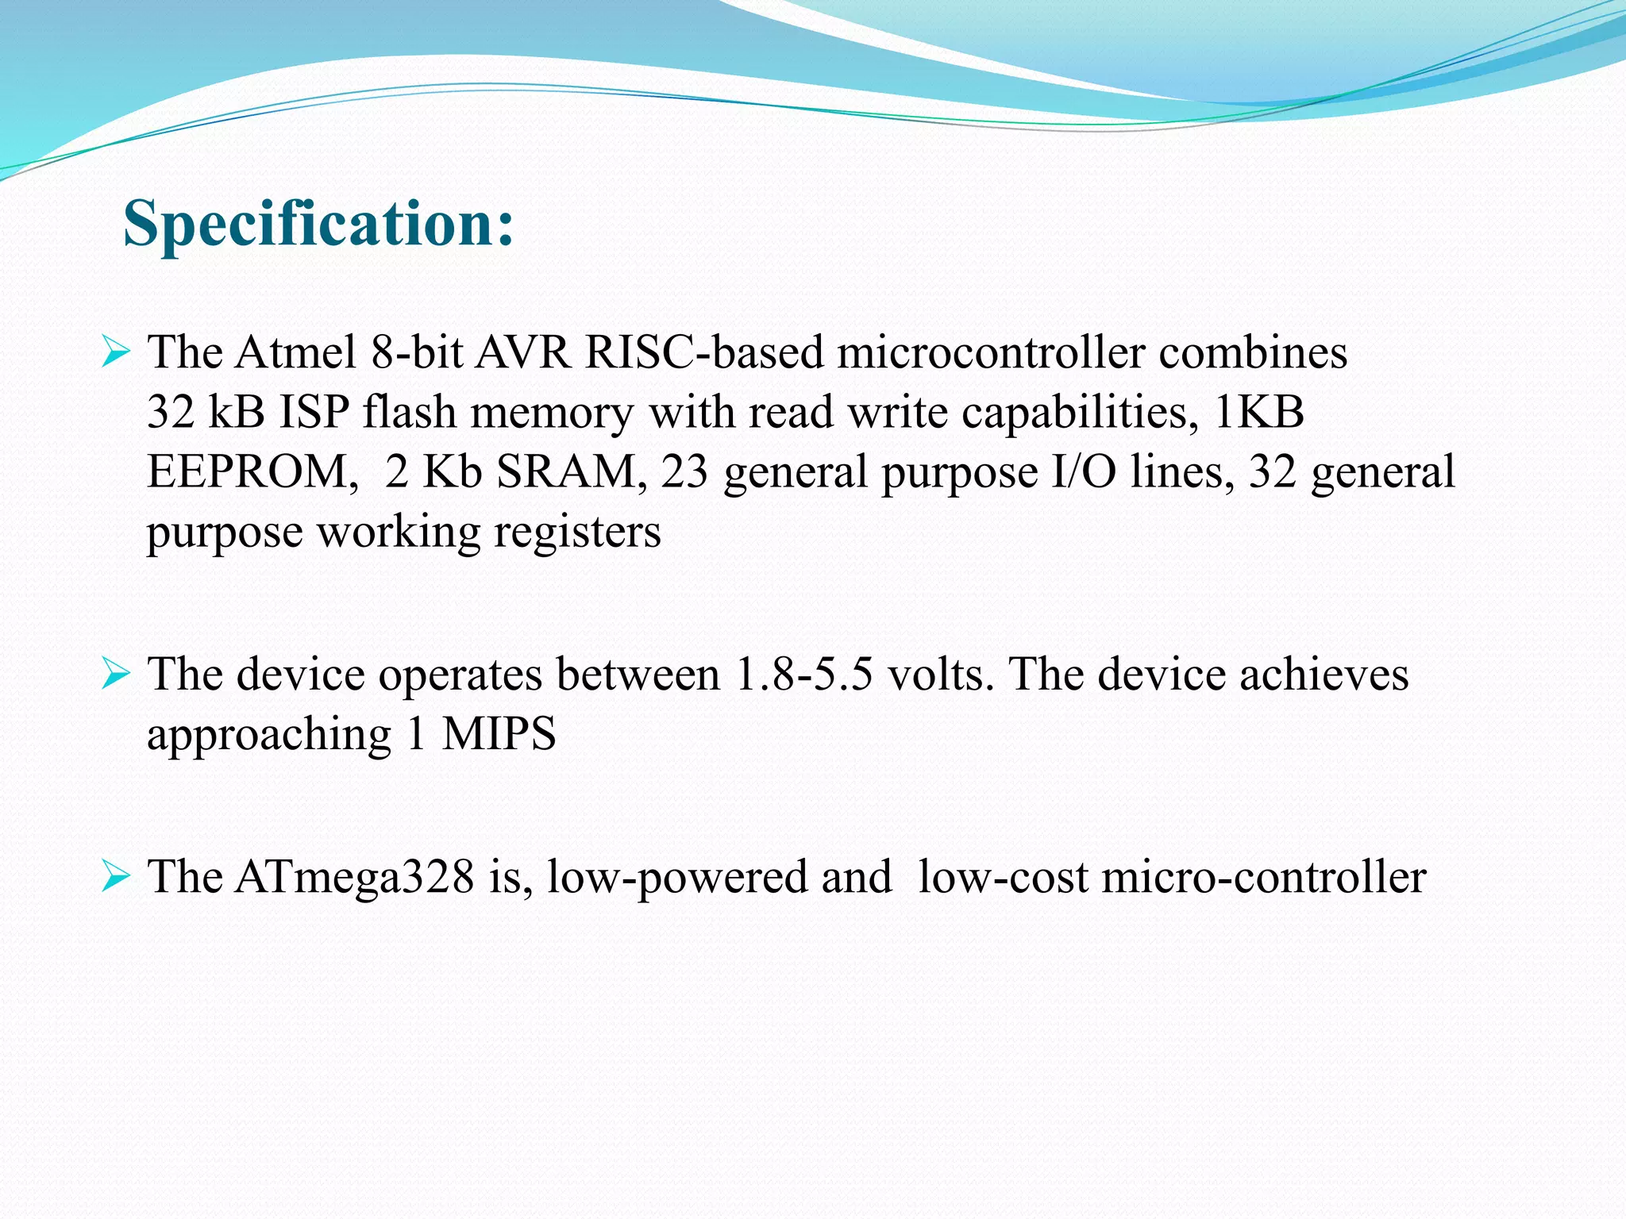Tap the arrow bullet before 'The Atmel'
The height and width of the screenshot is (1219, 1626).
115,352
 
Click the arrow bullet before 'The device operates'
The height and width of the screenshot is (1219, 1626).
115,675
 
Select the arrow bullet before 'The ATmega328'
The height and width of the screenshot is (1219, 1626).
115,878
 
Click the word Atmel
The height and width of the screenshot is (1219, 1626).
295,352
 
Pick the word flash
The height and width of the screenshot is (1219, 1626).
409,412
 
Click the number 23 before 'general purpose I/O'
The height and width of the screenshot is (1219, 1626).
684,471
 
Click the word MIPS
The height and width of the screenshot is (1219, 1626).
499,734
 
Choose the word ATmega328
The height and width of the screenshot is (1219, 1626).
354,878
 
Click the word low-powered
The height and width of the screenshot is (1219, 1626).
676,878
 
